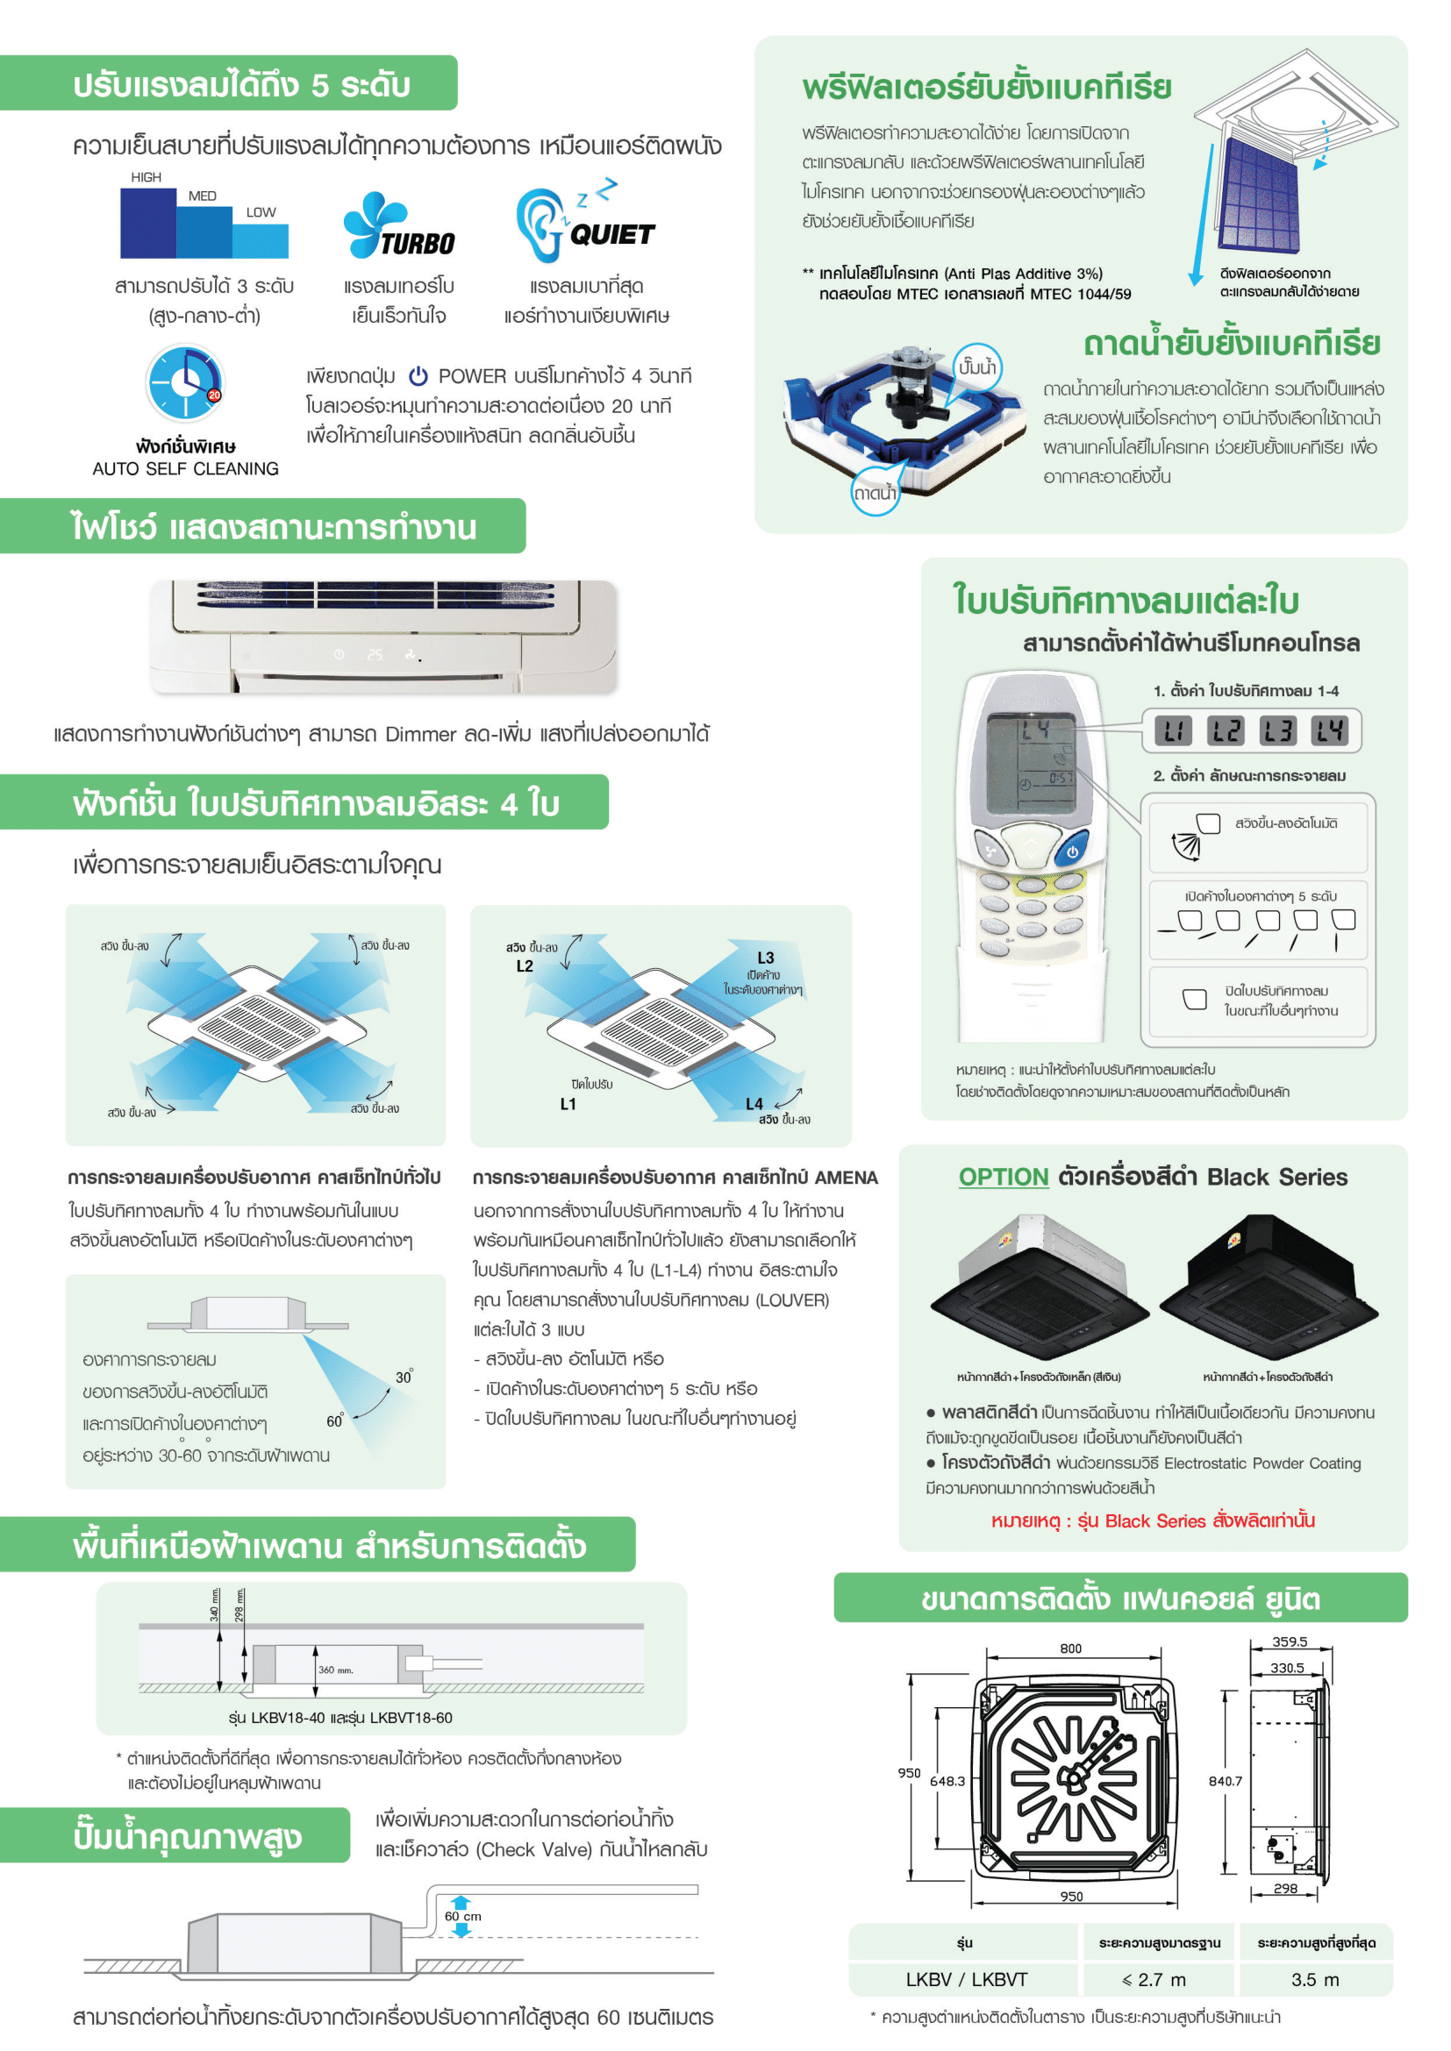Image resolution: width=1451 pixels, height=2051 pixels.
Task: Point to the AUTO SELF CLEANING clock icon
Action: click(x=185, y=383)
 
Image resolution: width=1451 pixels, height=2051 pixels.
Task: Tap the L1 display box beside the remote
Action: click(x=1172, y=731)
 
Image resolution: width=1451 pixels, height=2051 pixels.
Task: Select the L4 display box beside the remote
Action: click(x=1328, y=731)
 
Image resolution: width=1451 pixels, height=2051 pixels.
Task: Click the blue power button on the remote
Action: click(x=1072, y=851)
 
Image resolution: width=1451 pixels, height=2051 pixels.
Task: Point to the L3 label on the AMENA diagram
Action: click(x=766, y=958)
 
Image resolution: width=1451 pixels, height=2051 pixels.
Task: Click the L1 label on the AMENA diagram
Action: click(x=568, y=1104)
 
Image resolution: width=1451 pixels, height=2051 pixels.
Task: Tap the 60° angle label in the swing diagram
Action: click(x=334, y=1421)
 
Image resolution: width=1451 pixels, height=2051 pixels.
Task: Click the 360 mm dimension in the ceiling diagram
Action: click(x=335, y=1670)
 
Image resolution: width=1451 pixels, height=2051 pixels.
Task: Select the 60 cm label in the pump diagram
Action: click(x=463, y=1916)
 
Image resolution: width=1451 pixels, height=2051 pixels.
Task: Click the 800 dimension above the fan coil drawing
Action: click(x=1070, y=1649)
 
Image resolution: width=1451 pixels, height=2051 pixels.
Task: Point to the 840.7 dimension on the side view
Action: click(x=1225, y=1780)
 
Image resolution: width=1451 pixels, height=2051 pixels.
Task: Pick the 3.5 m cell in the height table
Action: click(x=1315, y=1980)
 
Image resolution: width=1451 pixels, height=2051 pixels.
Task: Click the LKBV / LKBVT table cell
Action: click(x=966, y=1980)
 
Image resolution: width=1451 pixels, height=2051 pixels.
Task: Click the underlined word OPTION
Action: click(x=1003, y=1177)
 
